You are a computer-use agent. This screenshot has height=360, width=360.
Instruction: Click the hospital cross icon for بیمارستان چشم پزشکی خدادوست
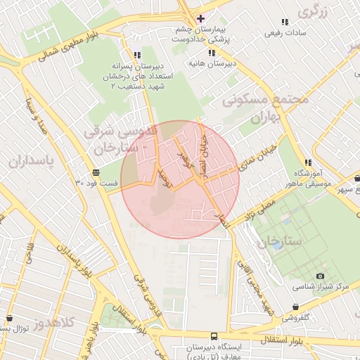[x=200, y=18]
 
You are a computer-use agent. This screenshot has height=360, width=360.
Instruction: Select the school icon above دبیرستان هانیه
[x=210, y=52]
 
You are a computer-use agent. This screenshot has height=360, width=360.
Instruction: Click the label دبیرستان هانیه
[x=210, y=63]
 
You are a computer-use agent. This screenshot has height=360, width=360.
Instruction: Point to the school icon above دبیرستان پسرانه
[x=137, y=54]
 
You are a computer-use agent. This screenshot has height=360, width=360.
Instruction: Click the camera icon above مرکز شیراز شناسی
[x=321, y=276]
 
